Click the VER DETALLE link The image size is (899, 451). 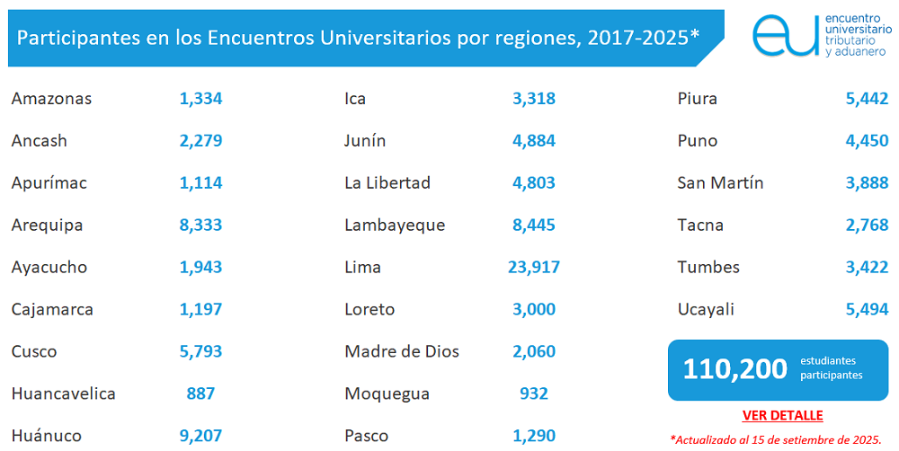pyautogui.click(x=782, y=415)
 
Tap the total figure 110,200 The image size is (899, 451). pyautogui.click(x=734, y=368)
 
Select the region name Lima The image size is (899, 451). pyautogui.click(x=362, y=267)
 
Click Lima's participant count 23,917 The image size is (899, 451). pyautogui.click(x=534, y=267)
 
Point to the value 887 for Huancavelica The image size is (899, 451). pyautogui.click(x=200, y=394)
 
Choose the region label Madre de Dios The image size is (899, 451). pyautogui.click(x=401, y=351)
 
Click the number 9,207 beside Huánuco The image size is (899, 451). pyautogui.click(x=200, y=436)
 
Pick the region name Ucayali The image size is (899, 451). pyautogui.click(x=706, y=309)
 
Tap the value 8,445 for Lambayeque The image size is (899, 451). pyautogui.click(x=534, y=225)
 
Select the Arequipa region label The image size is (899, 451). pyautogui.click(x=47, y=225)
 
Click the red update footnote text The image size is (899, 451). pyautogui.click(x=775, y=439)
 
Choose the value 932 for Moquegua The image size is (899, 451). pyautogui.click(x=534, y=394)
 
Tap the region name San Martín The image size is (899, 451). pyautogui.click(x=720, y=182)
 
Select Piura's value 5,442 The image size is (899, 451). pyautogui.click(x=867, y=98)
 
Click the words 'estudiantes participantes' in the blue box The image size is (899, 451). pyautogui.click(x=832, y=368)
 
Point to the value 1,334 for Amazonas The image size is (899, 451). pyautogui.click(x=200, y=98)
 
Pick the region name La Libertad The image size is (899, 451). pyautogui.click(x=387, y=182)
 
